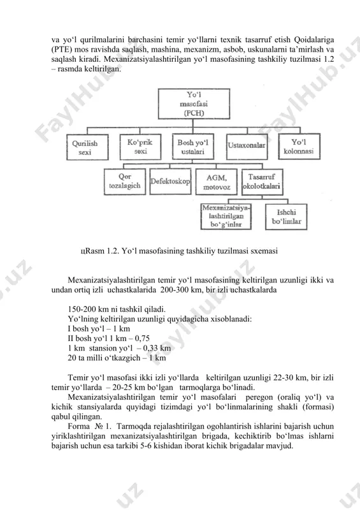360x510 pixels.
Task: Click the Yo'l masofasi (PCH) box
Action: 194,104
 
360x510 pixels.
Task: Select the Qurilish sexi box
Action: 87,147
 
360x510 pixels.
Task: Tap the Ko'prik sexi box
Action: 140,147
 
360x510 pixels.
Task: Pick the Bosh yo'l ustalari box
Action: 193,147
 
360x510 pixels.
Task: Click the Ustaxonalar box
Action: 247,147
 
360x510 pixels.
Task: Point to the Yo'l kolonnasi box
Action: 299,147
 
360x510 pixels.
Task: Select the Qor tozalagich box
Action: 125,182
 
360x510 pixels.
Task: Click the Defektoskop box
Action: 170,182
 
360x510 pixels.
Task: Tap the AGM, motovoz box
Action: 217,182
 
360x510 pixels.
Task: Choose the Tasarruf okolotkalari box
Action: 263,182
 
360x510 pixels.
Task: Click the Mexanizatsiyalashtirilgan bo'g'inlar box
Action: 226,217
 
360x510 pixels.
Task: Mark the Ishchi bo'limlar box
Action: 286,217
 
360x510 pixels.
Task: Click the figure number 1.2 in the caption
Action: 113,251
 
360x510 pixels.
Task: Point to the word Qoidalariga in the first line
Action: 314,40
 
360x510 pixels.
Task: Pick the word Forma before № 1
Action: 79,426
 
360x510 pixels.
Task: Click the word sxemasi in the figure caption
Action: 265,251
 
